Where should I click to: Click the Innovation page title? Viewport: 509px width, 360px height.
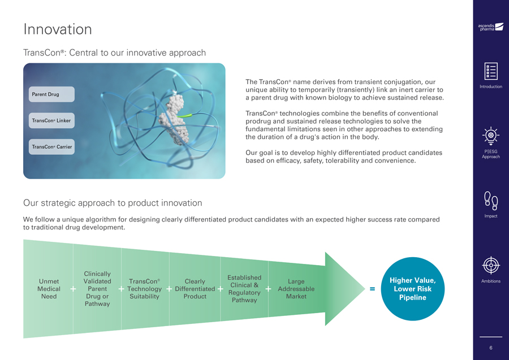tap(58, 29)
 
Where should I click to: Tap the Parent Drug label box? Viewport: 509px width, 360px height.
tap(51, 94)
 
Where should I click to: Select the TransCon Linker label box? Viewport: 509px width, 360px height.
tap(51, 120)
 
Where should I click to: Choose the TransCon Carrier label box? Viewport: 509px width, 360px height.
tap(51, 147)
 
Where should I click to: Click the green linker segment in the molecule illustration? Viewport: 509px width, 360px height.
tap(184, 115)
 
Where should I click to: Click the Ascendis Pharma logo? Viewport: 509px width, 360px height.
tap(490, 27)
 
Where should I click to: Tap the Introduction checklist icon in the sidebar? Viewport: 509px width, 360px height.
tap(491, 71)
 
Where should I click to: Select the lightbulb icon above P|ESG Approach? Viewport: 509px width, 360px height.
tap(491, 136)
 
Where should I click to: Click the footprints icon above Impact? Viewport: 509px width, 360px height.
tap(491, 201)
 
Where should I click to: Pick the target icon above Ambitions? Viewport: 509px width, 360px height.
tap(491, 265)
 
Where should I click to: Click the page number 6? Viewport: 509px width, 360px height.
tap(491, 348)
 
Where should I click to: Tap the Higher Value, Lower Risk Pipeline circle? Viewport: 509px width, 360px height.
tap(413, 289)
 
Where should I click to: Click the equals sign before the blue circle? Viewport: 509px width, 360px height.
tap(372, 289)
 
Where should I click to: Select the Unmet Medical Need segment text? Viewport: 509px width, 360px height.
tap(49, 289)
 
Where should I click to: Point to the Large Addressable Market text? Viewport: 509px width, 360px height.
tap(296, 289)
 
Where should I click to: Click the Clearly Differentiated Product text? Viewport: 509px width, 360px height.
tap(195, 289)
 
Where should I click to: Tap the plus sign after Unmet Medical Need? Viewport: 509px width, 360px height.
tap(73, 289)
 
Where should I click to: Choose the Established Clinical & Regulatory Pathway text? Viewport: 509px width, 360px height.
tap(244, 289)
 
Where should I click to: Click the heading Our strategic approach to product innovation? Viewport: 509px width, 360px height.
tap(113, 203)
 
